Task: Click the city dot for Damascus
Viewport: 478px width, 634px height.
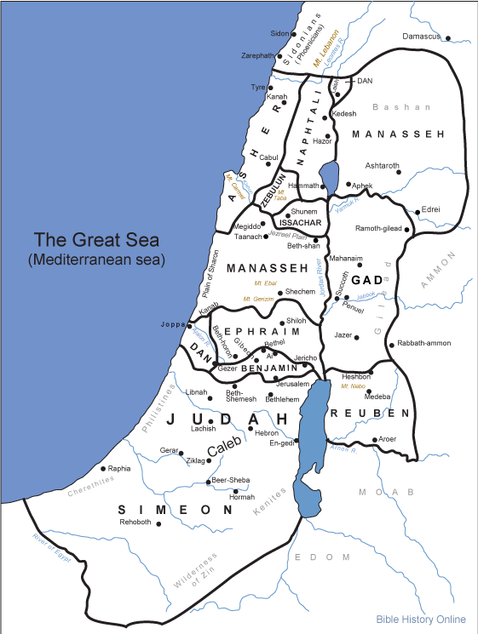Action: pos(447,37)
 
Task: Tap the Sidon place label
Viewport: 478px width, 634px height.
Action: pos(279,33)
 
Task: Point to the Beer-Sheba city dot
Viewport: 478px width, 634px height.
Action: pos(209,482)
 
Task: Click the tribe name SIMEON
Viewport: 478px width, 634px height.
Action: pos(175,510)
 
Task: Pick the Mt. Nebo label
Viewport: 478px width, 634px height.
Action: pos(353,386)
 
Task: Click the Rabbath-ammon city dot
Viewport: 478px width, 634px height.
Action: pos(390,344)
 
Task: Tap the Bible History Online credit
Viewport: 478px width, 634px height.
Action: pos(421,620)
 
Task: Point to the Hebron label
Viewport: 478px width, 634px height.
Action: pos(267,432)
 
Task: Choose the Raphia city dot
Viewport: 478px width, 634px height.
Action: pos(103,468)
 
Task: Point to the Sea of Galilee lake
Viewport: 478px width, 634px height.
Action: pos(330,174)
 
